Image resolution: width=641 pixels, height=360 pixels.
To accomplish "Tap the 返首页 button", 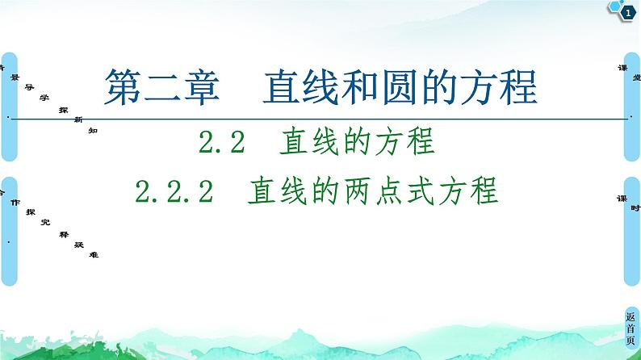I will click(631, 329).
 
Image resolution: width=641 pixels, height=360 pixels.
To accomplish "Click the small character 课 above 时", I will click(620, 198).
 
